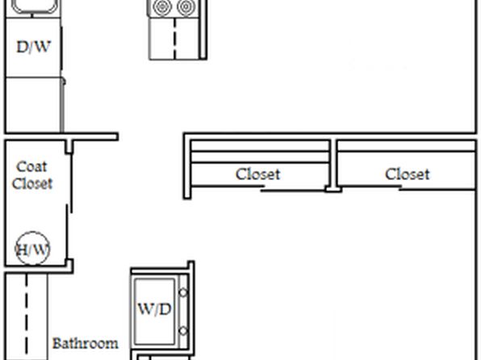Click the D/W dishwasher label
pyautogui.click(x=33, y=47)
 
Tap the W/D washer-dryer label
pyautogui.click(x=155, y=309)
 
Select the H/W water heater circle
pyautogui.click(x=32, y=249)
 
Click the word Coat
pyautogui.click(x=31, y=166)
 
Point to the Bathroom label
pyautogui.click(x=86, y=343)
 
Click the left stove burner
pyautogui.click(x=162, y=7)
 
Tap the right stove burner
pyautogui.click(x=186, y=7)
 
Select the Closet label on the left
pyautogui.click(x=258, y=174)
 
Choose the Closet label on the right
pyautogui.click(x=408, y=174)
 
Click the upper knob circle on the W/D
pyautogui.click(x=183, y=292)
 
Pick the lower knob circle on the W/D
pyautogui.click(x=183, y=331)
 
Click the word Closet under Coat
pyautogui.click(x=32, y=183)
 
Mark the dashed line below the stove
pyautogui.click(x=175, y=38)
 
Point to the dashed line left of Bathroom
pyautogui.click(x=27, y=316)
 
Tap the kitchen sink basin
pyautogui.click(x=36, y=6)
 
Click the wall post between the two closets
pyautogui.click(x=333, y=165)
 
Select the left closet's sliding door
pyautogui.click(x=258, y=188)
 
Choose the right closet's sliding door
pyautogui.click(x=407, y=188)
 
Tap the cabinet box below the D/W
pyautogui.click(x=33, y=105)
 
